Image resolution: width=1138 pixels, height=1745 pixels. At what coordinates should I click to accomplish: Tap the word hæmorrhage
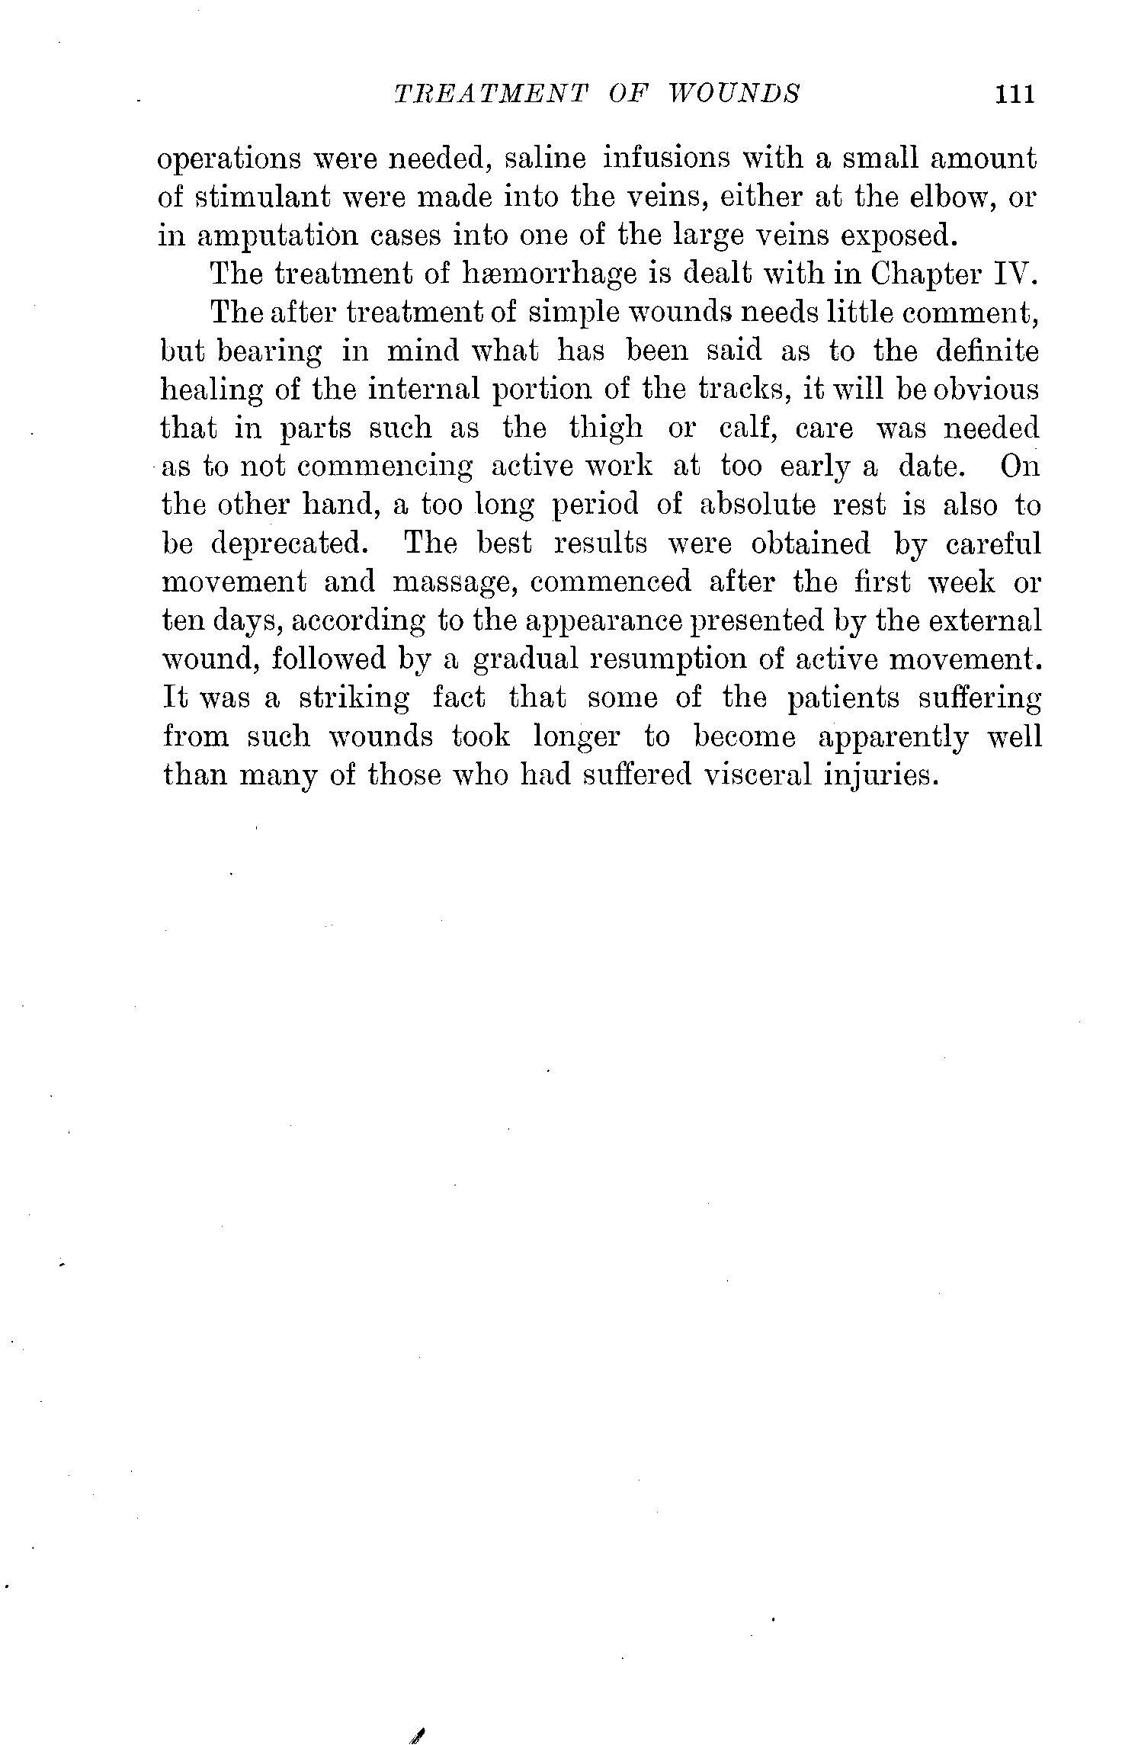coord(550,274)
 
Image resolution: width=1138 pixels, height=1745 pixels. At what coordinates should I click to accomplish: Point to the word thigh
coord(606,429)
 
